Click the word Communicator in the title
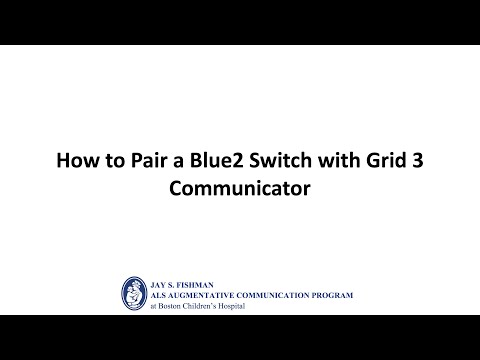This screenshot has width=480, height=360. coord(240,186)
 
